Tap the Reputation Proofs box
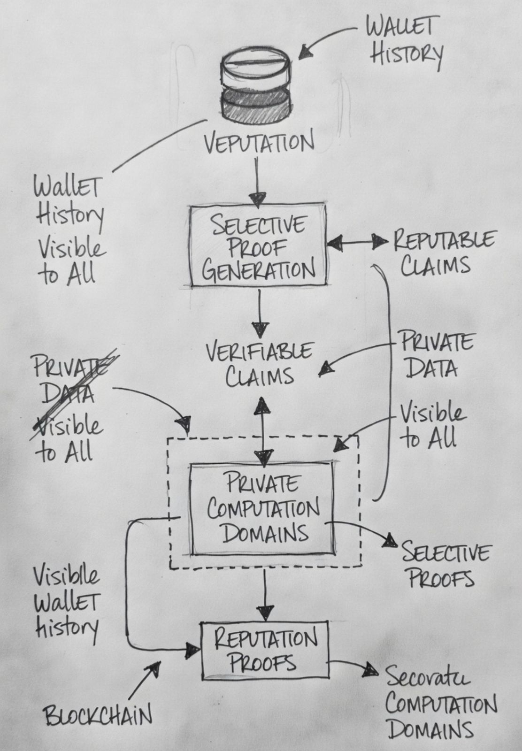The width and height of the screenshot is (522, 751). [x=264, y=651]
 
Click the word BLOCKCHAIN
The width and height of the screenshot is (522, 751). [x=98, y=716]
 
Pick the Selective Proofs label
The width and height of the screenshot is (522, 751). [x=443, y=565]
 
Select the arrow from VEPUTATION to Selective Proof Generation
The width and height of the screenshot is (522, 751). [x=257, y=183]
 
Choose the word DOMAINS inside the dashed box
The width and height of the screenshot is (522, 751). [x=265, y=533]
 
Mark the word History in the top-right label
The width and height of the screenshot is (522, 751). [x=406, y=54]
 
